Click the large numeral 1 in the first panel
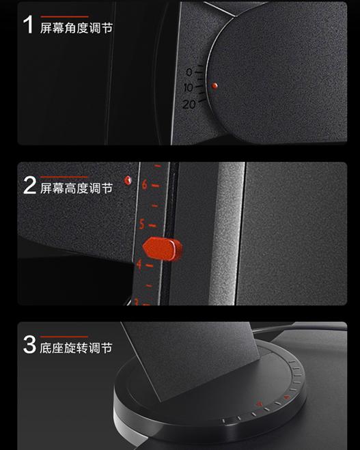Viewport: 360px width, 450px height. [x=29, y=25]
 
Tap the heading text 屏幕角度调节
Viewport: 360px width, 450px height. [x=77, y=28]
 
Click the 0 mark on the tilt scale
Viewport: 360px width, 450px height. [x=189, y=72]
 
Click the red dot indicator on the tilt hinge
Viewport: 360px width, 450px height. [x=214, y=86]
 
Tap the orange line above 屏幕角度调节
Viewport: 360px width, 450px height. [x=64, y=16]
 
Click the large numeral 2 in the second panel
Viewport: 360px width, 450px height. [x=29, y=185]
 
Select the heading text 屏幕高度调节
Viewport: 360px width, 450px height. [x=77, y=188]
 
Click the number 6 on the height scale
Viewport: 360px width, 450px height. [x=144, y=184]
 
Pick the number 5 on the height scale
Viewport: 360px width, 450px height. [x=142, y=224]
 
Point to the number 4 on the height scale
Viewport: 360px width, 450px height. [x=139, y=264]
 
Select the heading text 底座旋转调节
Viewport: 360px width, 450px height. [x=77, y=348]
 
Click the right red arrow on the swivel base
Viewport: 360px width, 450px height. [x=286, y=395]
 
